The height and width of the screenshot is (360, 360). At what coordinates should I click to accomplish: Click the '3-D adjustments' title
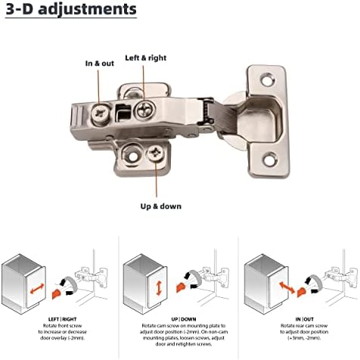click(x=72, y=10)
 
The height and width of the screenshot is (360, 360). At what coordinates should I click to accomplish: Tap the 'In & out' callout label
click(x=99, y=64)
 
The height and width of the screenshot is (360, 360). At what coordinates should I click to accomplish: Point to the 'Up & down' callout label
click(x=160, y=205)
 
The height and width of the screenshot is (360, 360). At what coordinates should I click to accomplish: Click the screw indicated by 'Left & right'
click(x=144, y=112)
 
